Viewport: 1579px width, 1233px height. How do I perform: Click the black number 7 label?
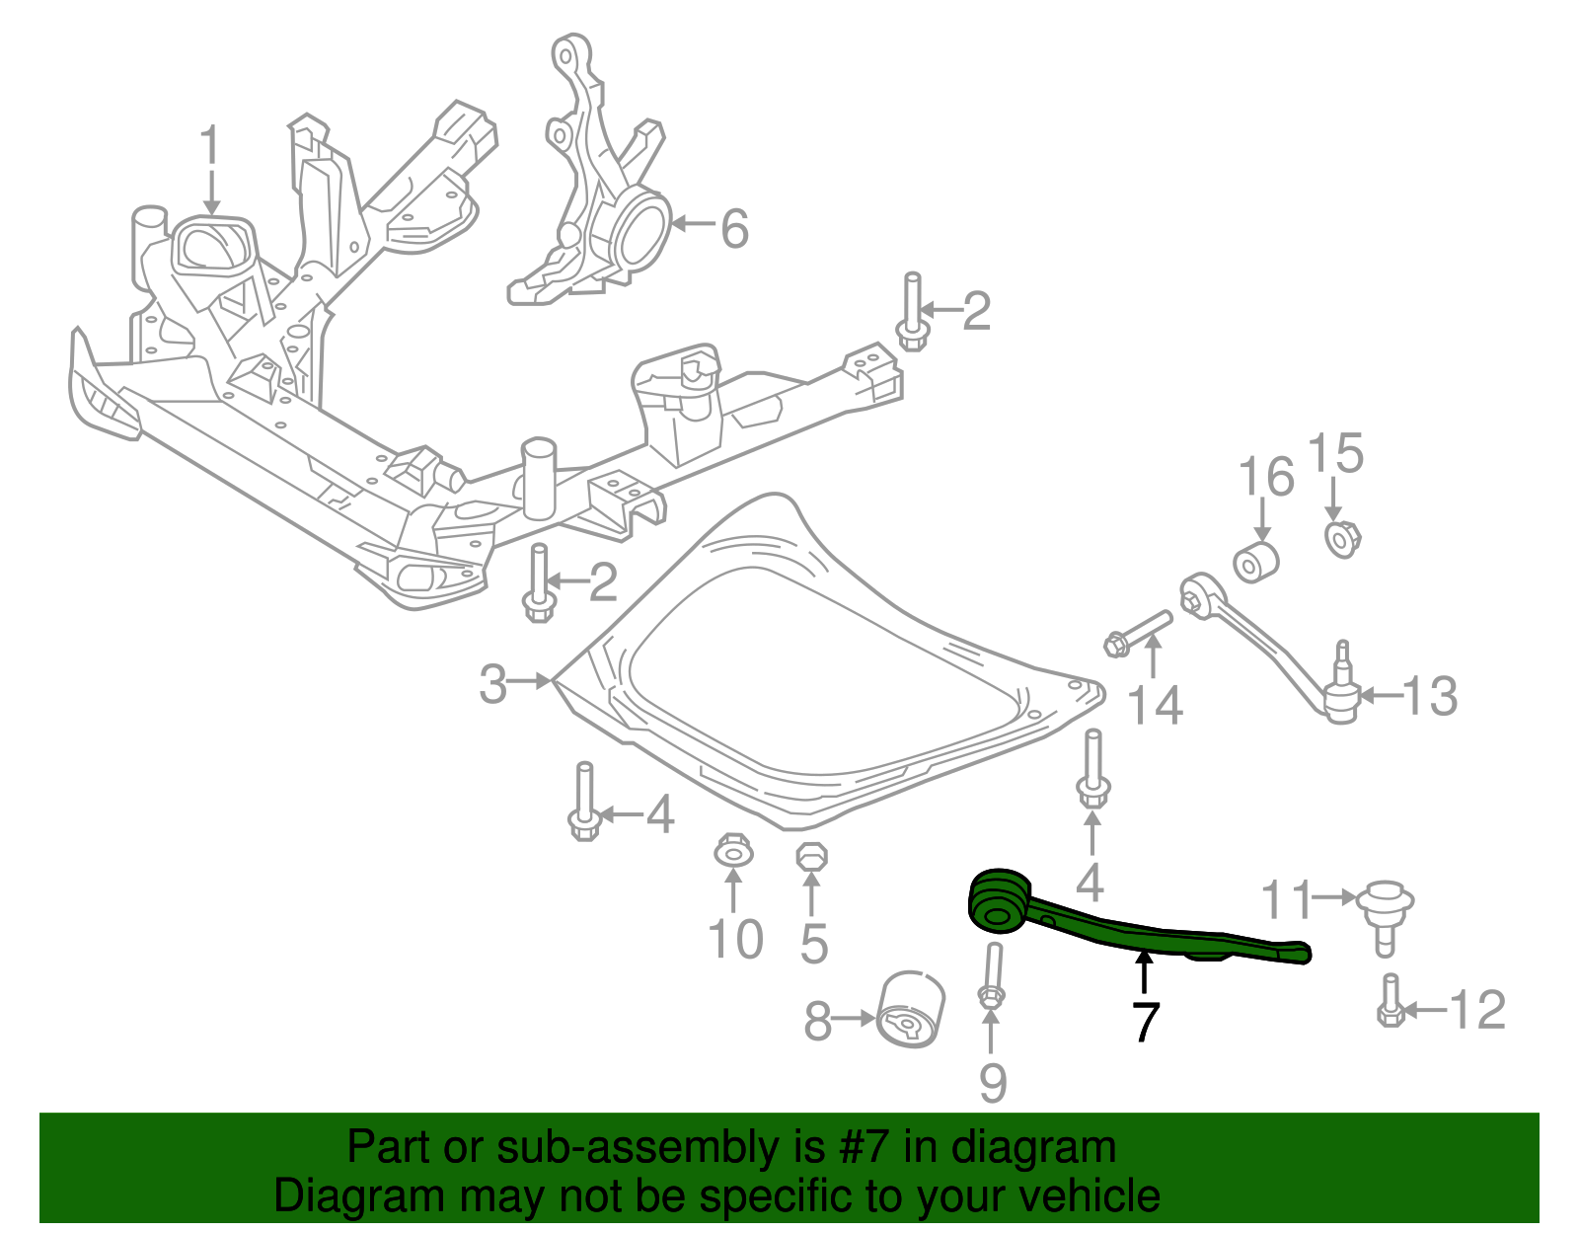pyautogui.click(x=1144, y=1021)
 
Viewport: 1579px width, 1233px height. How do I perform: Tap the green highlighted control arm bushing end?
pyautogui.click(x=997, y=900)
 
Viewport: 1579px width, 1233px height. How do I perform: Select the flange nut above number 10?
pyautogui.click(x=731, y=850)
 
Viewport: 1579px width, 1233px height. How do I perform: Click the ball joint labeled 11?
pyautogui.click(x=1385, y=913)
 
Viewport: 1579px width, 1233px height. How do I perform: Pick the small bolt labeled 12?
pyautogui.click(x=1390, y=1002)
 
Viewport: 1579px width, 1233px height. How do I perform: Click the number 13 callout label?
pyautogui.click(x=1428, y=697)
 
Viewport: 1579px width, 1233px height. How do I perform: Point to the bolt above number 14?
pyautogui.click(x=1140, y=633)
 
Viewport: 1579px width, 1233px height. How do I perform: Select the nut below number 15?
pyautogui.click(x=1340, y=539)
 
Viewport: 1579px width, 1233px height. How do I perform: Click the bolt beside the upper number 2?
pyautogui.click(x=912, y=314)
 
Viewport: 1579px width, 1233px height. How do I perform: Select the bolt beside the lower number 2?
pyautogui.click(x=538, y=583)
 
